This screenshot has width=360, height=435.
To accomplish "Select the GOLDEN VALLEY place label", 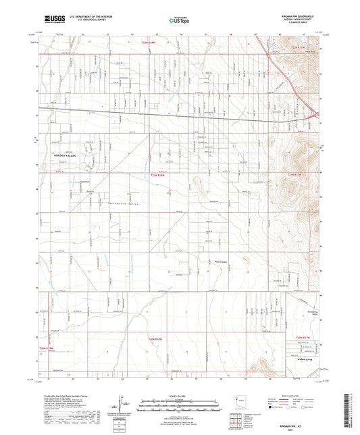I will coord(66,156).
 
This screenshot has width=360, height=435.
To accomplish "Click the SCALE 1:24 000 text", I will coord(179,395).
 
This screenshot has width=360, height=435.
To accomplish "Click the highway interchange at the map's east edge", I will coord(313,114).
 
